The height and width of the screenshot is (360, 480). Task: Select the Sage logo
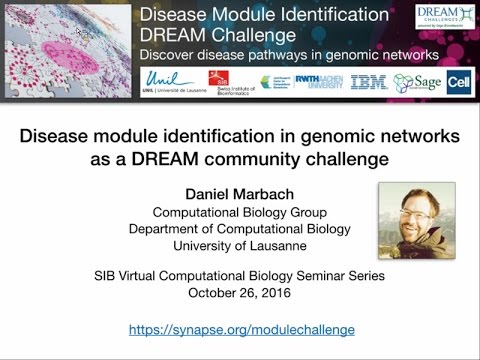point(422,82)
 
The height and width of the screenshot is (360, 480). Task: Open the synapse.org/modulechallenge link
point(240,329)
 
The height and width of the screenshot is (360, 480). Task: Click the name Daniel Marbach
point(239,194)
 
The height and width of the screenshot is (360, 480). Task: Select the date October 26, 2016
point(240,294)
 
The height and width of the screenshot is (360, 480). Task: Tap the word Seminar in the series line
point(334,275)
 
